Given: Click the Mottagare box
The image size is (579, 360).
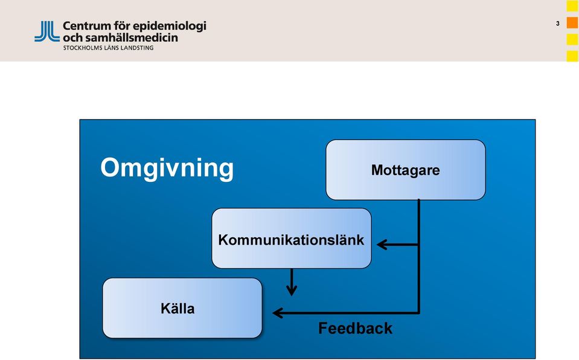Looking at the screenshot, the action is pos(406,170).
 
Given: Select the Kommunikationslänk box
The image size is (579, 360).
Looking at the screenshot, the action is pos(292,239).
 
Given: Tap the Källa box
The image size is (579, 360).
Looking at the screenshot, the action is pos(182,308).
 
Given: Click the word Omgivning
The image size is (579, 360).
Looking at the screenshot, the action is pos(167,169).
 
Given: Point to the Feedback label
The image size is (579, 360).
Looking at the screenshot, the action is pos(355,328).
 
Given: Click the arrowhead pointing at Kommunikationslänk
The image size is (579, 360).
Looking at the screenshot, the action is pos(382,244).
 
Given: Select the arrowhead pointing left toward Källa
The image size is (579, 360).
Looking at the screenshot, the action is pos(278,313).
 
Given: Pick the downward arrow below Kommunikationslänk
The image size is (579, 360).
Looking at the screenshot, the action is pos(292,282).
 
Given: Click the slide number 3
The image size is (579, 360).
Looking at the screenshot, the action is pos(558,24).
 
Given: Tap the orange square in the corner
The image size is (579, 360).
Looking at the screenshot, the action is pos(572,22).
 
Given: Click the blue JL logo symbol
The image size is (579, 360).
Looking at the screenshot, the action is pos(47,31).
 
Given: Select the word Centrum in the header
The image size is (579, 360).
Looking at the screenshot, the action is pos(87,26).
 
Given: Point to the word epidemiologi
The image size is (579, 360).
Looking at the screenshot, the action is pos(169,27).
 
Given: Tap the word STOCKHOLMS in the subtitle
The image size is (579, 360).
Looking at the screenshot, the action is pos(82,48).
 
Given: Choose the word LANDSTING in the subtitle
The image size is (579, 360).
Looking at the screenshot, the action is pos(136,48).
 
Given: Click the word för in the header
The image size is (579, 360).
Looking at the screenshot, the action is pos(121,26).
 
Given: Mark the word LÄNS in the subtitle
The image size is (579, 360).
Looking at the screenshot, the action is pos(110,47).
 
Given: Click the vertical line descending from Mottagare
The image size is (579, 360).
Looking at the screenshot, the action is pos(419,256).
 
